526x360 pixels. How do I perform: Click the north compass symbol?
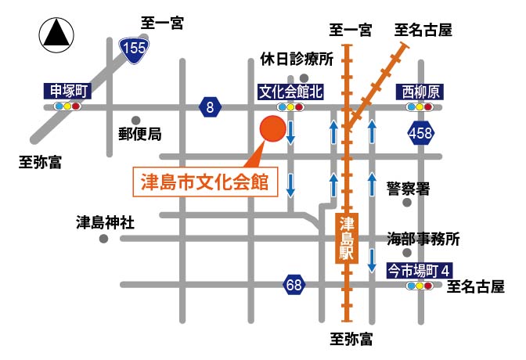pos(57,35)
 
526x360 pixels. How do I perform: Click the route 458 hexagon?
pos(420,135)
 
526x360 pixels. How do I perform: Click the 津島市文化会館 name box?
pos(204,182)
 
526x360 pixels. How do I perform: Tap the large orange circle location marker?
pos(273,129)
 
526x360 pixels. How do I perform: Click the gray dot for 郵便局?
pos(136,121)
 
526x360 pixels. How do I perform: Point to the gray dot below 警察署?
pos(406,203)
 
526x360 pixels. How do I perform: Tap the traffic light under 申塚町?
pos(67,106)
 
